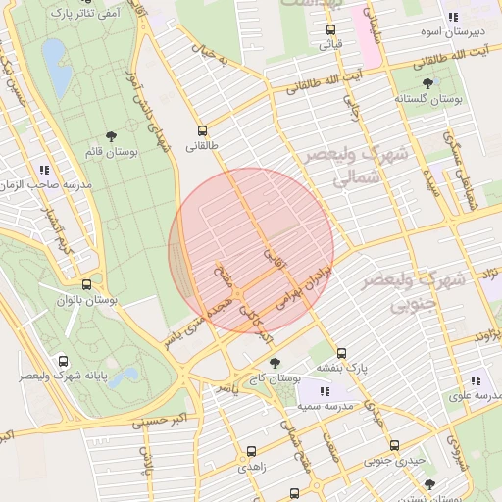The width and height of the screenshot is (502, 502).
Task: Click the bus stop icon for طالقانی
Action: click(x=203, y=129)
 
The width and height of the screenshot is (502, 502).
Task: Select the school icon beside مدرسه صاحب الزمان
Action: click(x=45, y=170)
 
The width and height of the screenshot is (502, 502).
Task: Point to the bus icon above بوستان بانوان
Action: click(x=87, y=285)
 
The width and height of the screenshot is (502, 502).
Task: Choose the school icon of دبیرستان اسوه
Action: click(x=452, y=17)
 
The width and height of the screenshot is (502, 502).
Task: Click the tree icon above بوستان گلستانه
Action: click(x=427, y=83)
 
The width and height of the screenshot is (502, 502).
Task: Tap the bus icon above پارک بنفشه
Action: click(x=341, y=353)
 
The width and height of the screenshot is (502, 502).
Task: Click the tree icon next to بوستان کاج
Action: click(x=274, y=363)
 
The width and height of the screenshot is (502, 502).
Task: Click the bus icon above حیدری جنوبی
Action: click(x=394, y=444)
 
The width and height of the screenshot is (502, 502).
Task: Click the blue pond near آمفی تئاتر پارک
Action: click(x=58, y=77)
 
